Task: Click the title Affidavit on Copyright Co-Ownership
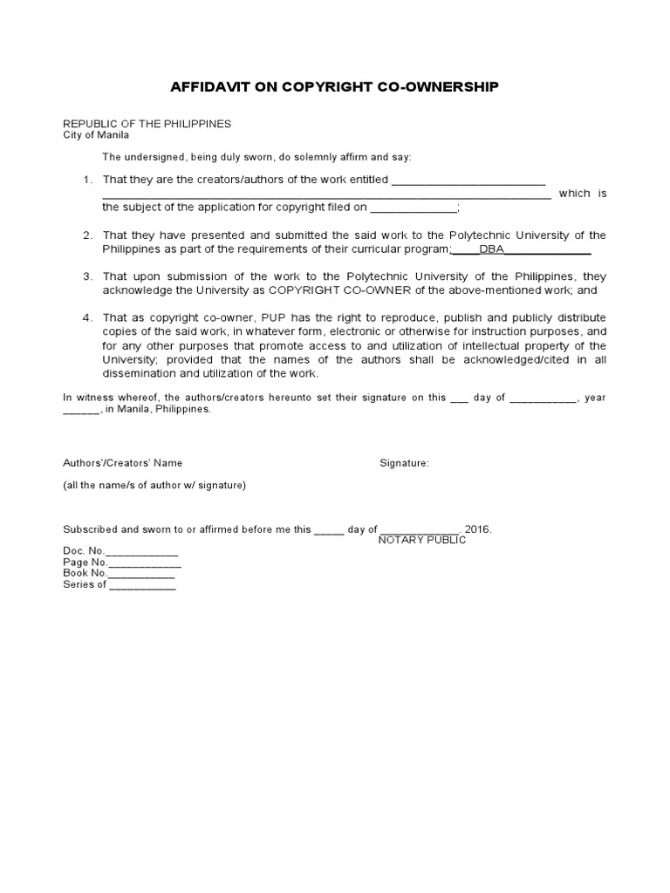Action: click(334, 87)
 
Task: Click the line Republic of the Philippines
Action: click(147, 124)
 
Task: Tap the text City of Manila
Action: click(96, 136)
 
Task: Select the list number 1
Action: click(87, 180)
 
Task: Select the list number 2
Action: click(87, 236)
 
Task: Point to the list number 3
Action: click(87, 276)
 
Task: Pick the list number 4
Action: click(87, 317)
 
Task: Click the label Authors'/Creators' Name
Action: click(123, 463)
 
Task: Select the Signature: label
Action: click(404, 463)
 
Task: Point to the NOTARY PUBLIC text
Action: click(422, 541)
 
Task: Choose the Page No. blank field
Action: click(145, 563)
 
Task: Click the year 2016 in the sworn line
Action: click(478, 529)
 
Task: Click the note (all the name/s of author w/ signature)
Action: click(154, 486)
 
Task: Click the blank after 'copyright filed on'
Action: click(414, 208)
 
